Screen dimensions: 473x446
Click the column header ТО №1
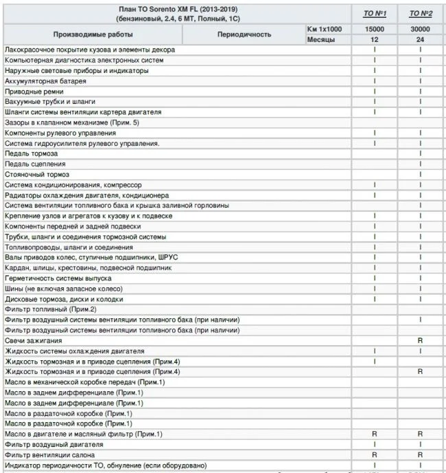coord(375,13)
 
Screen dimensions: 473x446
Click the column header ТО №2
coord(419,13)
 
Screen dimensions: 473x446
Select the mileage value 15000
coord(375,30)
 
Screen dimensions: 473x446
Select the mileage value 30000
coord(419,30)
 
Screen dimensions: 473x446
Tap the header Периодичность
coord(244,34)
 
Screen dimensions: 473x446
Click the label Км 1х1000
coord(325,30)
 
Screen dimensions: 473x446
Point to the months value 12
coord(375,40)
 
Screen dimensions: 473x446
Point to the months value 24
coord(419,40)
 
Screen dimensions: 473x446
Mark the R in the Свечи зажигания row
coord(419,341)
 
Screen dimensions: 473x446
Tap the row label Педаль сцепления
coord(35,164)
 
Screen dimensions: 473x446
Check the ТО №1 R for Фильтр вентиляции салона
coord(375,455)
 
